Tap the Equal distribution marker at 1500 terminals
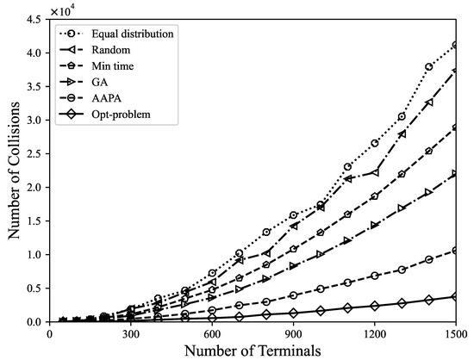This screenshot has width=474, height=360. [x=455, y=45]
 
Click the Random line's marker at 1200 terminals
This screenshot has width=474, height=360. [x=374, y=172]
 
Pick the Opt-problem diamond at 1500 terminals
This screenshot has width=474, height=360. [x=455, y=296]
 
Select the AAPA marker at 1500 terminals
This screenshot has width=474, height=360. [x=455, y=251]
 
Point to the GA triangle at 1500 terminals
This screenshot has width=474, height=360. [x=455, y=174]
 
